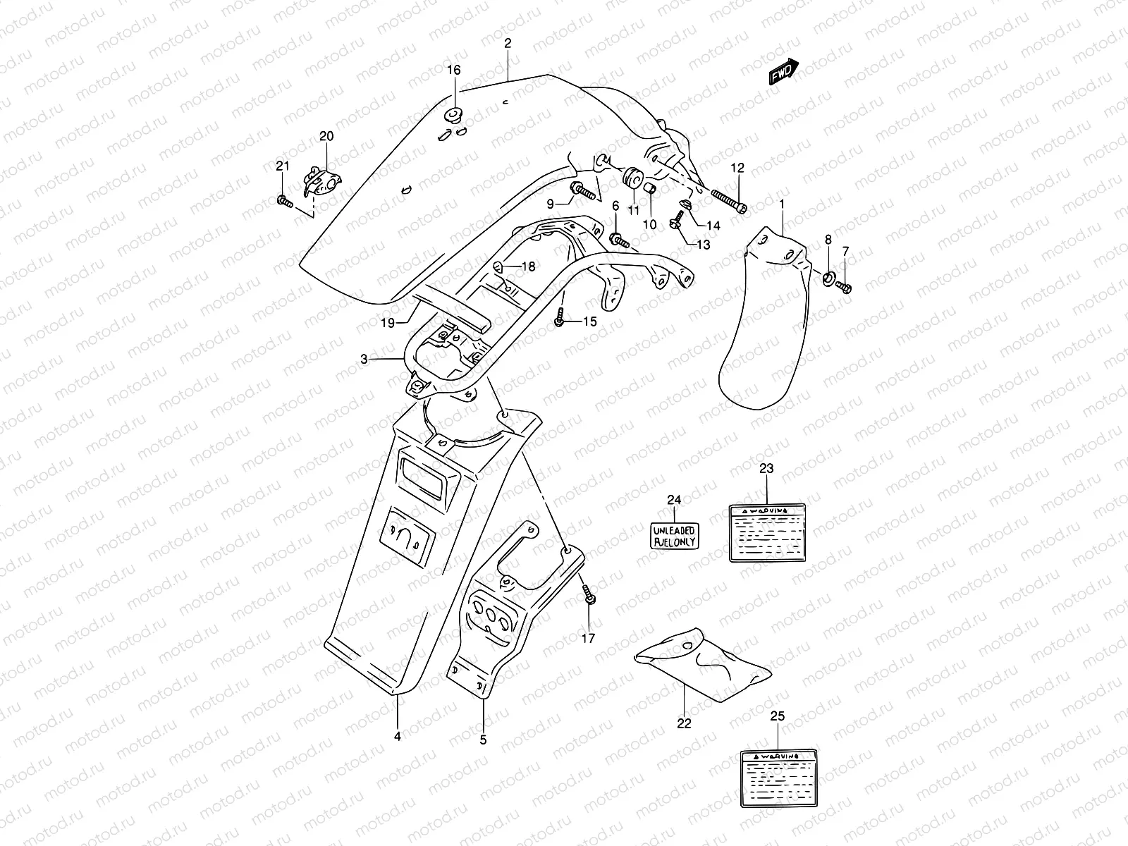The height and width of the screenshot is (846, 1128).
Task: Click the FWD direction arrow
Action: pyautogui.click(x=784, y=71)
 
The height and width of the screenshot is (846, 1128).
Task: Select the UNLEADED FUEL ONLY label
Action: pyautogui.click(x=673, y=536)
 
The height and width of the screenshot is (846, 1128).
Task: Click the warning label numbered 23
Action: pyautogui.click(x=767, y=532)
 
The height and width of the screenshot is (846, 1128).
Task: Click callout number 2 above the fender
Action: pyautogui.click(x=508, y=43)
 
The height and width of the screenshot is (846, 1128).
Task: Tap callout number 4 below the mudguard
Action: pyautogui.click(x=398, y=737)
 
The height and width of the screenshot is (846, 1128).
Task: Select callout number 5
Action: pyautogui.click(x=483, y=740)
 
